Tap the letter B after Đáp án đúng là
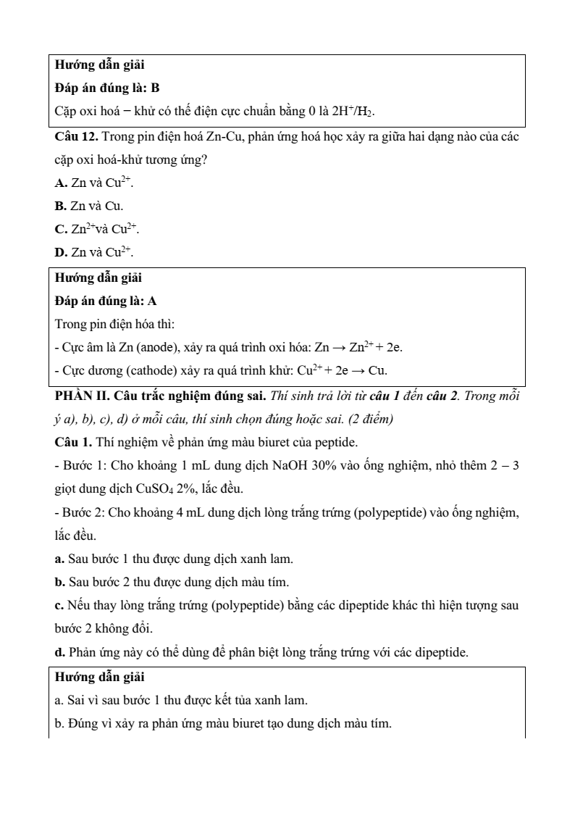pos(155,88)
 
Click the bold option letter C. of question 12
pos(62,229)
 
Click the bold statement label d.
pos(59,652)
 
